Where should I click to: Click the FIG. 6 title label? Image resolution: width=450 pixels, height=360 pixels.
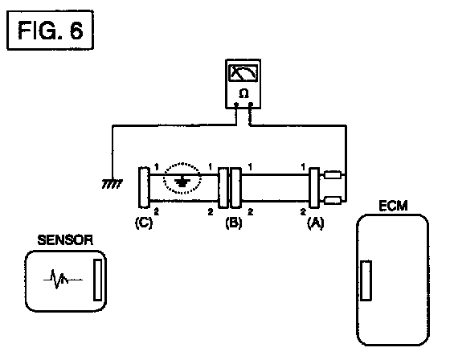click(50, 31)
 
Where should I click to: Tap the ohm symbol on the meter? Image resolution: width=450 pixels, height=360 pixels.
click(243, 93)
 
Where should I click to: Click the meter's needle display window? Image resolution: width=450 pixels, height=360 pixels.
click(243, 72)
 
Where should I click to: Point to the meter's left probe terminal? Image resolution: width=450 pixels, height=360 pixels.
click(236, 104)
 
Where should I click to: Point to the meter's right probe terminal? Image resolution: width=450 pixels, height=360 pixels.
click(251, 104)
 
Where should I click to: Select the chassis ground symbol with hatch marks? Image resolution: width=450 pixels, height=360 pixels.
click(112, 184)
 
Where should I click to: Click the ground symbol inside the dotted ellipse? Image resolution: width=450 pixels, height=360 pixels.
click(182, 182)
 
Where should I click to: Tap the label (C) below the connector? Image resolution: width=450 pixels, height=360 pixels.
click(144, 223)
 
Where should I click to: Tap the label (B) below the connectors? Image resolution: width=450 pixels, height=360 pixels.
click(234, 223)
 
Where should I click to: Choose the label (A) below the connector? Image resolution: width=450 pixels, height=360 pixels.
click(315, 223)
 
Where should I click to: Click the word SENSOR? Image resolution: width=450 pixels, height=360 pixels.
click(65, 240)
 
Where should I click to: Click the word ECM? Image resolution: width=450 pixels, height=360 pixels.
click(393, 206)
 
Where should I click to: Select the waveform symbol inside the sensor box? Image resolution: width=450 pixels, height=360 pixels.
click(63, 279)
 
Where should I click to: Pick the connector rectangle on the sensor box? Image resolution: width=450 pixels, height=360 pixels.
click(97, 280)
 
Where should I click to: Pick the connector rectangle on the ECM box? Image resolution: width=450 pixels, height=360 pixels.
click(366, 280)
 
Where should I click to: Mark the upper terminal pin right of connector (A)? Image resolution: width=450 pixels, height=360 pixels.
click(333, 175)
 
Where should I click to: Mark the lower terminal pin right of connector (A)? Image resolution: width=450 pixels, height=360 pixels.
click(333, 200)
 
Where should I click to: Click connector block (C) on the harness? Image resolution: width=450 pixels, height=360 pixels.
click(144, 187)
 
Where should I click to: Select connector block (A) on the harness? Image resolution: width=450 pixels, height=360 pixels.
click(314, 188)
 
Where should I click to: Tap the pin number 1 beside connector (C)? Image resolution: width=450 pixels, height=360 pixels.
click(157, 166)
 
